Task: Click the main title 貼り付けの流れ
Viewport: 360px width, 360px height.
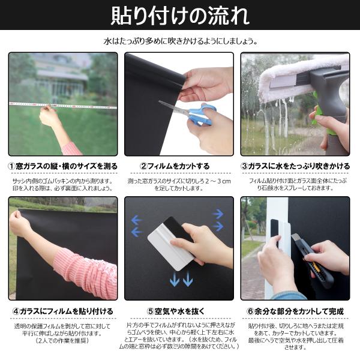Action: coord(180,16)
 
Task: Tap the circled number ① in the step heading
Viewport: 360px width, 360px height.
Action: coord(12,166)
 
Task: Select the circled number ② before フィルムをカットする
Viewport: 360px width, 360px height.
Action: coord(144,166)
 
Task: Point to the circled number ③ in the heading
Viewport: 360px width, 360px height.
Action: coord(245,166)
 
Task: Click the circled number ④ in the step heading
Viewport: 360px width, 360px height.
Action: coord(16,311)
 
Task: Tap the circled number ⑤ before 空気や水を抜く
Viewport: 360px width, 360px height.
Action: coord(151,311)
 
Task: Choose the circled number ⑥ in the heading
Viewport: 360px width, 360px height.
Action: coord(250,311)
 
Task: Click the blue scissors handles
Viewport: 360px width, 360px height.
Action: coord(200,115)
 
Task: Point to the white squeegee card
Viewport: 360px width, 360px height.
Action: coord(171,244)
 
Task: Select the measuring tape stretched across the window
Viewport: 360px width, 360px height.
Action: coord(63,106)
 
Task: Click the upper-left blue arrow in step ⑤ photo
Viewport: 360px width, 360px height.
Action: coord(137,220)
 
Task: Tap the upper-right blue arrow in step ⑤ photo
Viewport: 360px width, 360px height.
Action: coord(218,214)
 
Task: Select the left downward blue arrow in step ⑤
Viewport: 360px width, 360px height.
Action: coord(175,279)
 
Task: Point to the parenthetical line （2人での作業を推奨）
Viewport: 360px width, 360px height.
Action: coord(62,340)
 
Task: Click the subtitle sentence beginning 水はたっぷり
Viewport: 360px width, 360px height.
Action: coord(180,41)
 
